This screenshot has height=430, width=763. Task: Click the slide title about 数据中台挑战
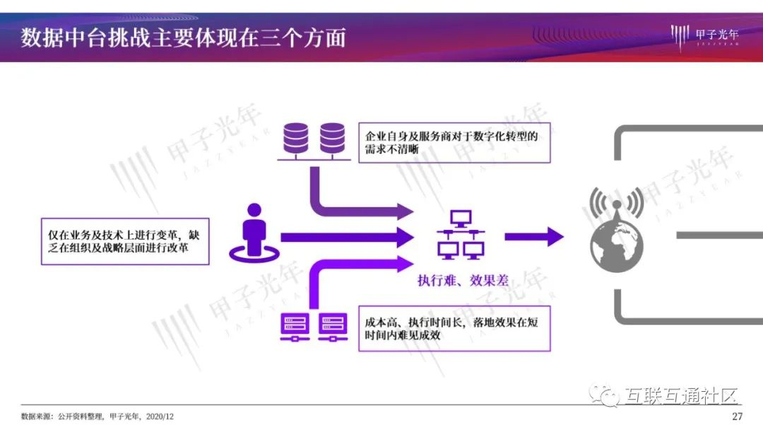tap(183, 37)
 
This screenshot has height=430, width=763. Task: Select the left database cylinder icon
tap(296, 139)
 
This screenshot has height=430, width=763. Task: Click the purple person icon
tap(252, 231)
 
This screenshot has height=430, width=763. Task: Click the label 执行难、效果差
tap(463, 280)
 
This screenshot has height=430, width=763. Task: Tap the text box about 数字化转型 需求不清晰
tap(454, 142)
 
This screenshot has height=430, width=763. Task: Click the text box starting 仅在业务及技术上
tap(125, 241)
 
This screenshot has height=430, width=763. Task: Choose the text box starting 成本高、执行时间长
tap(454, 328)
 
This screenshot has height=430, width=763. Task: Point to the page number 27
tap(738, 416)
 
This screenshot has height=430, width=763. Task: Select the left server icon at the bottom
tap(293, 327)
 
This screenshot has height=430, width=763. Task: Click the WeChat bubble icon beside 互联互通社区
tap(605, 395)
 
